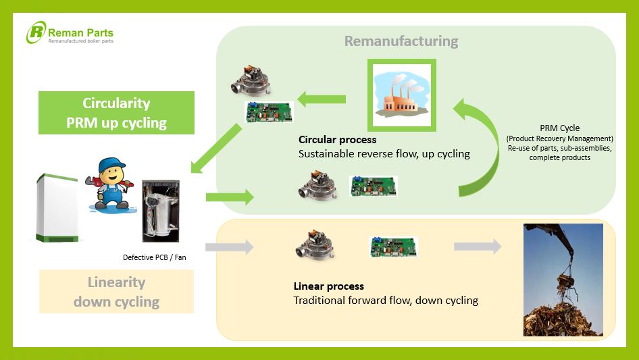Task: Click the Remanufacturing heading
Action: tap(401, 41)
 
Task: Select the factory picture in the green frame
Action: tap(402, 95)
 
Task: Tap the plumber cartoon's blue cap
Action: tap(111, 166)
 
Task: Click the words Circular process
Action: tap(337, 140)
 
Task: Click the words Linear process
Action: tap(328, 286)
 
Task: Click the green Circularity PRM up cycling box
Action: tap(116, 113)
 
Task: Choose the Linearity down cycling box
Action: tap(116, 292)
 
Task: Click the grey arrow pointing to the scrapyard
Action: tap(477, 247)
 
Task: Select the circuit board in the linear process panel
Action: tap(392, 247)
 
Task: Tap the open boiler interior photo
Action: tap(161, 211)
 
